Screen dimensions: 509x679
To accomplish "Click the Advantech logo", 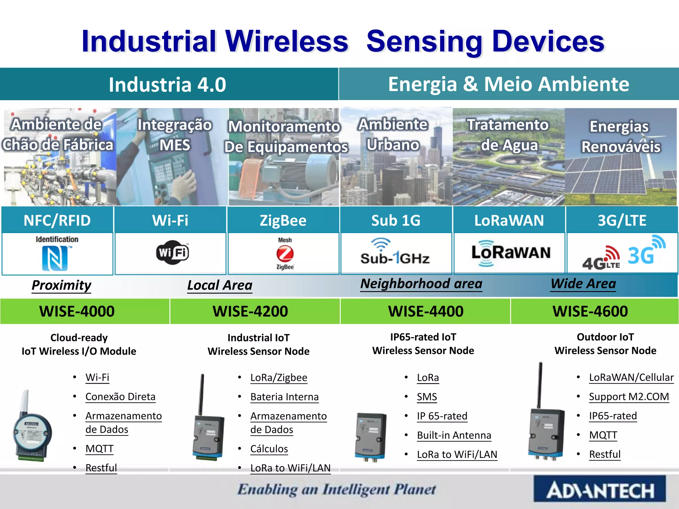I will point(599,489).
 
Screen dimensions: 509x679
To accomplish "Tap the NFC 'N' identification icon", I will point(55,258).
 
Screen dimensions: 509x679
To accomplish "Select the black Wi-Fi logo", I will point(172,253).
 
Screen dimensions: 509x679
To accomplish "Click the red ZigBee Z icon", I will point(285,254).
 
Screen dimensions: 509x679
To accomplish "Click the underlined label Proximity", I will point(61,285).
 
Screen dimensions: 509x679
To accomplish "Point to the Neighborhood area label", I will point(421,284).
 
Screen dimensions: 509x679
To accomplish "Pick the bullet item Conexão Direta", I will point(120,397).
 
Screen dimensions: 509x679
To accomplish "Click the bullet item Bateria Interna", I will point(284,397).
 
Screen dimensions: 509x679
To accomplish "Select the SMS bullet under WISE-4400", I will point(427,397).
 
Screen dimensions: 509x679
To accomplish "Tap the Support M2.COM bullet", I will point(629,397).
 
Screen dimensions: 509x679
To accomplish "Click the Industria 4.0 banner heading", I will point(168,85).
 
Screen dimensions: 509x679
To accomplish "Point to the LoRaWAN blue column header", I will point(509,220).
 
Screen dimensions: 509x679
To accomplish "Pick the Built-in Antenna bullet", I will point(454,435).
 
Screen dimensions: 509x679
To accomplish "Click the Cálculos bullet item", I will point(269,449).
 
